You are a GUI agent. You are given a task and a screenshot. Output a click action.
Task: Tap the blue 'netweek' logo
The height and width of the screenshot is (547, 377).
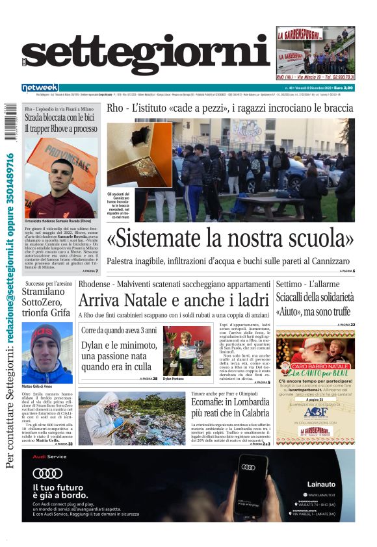(x=40, y=87)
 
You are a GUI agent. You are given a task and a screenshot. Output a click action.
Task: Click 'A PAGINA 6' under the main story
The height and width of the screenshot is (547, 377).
(x=344, y=270)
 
